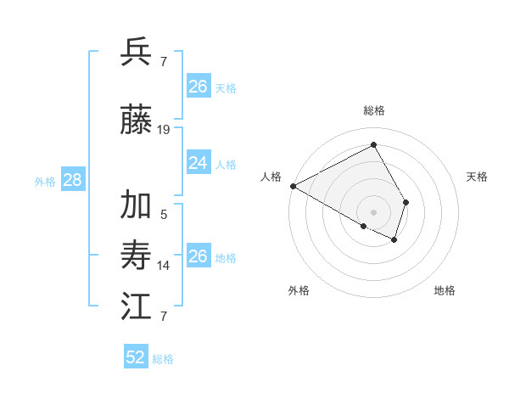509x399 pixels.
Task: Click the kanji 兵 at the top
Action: point(137,52)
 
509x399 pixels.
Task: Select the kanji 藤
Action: point(137,121)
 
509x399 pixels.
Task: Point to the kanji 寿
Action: point(137,256)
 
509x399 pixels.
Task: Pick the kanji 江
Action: point(137,306)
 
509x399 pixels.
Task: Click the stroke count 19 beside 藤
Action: point(164,130)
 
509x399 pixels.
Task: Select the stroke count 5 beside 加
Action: point(164,214)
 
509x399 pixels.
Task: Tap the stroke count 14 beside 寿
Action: point(164,266)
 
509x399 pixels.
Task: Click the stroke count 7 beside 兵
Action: point(164,61)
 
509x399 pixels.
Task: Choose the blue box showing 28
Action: point(72,179)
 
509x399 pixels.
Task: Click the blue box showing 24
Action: point(198,163)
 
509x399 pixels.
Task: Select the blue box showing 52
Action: point(136,357)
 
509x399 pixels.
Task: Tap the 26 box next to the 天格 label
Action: point(198,86)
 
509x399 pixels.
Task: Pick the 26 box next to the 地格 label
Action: point(198,256)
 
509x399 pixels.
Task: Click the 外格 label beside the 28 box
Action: point(45,181)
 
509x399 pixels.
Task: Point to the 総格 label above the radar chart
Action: point(374,110)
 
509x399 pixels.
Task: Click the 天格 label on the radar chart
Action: point(477,177)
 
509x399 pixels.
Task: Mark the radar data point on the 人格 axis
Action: point(293,185)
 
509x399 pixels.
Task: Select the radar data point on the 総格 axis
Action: point(373,145)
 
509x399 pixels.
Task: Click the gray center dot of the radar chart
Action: point(373,211)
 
